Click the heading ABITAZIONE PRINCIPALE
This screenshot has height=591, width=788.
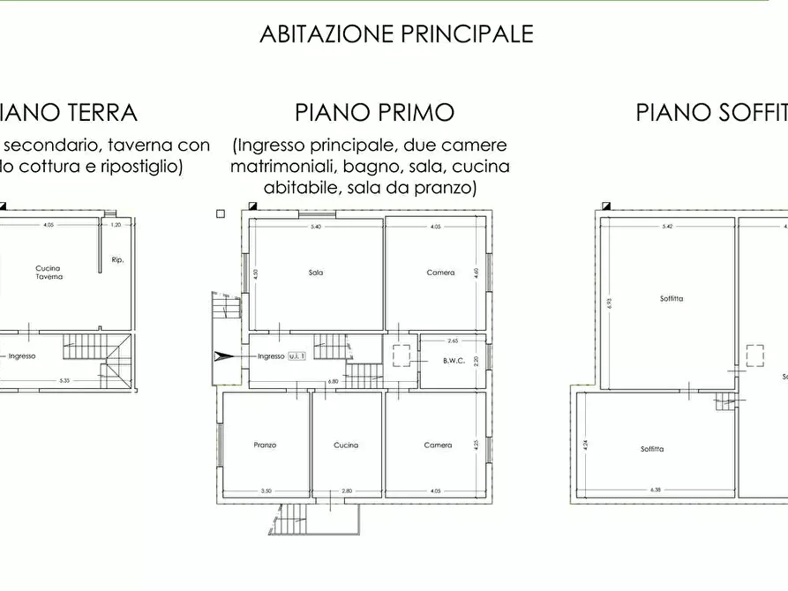(x=396, y=34)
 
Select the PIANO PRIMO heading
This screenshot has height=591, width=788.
(x=374, y=113)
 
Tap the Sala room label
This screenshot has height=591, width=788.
(x=316, y=273)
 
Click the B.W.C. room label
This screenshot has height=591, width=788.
(x=454, y=361)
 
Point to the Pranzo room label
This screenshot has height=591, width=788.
(x=265, y=445)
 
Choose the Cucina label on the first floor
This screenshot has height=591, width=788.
(x=346, y=445)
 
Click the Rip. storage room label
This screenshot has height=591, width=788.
(x=117, y=260)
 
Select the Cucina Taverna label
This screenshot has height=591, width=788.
(x=49, y=273)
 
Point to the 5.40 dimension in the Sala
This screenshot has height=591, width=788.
(x=316, y=227)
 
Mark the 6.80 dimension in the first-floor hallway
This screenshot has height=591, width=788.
(x=333, y=382)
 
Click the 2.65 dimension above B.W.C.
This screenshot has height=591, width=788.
(x=453, y=340)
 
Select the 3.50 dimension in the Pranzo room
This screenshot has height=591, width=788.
(x=265, y=490)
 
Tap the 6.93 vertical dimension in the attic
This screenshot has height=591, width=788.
(x=607, y=303)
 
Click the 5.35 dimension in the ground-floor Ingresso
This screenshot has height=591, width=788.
(x=64, y=381)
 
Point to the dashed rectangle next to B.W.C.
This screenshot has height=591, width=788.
(x=402, y=355)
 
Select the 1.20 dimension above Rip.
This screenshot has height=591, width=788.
(x=116, y=225)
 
